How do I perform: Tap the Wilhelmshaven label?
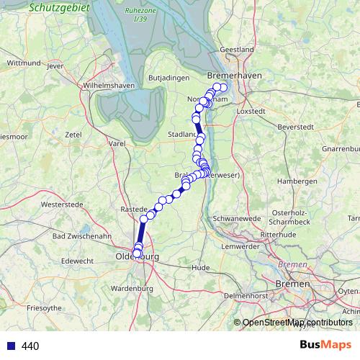109,85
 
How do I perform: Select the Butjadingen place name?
168,77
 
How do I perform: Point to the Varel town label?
117,144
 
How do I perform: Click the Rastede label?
133,209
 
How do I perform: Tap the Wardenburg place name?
132,288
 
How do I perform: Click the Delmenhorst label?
246,295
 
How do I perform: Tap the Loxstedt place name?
251,112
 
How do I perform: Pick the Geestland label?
237,49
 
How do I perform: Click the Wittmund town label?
23,63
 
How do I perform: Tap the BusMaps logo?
325,345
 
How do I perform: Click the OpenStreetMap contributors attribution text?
297,323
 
